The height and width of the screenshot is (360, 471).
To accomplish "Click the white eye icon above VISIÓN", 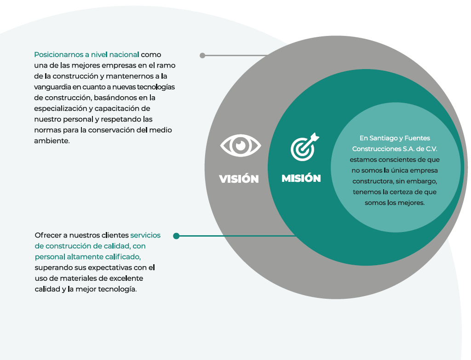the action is click(x=240, y=145).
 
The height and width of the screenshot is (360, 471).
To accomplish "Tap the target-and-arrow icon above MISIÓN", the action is click(x=304, y=147).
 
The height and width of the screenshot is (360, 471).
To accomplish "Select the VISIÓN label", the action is click(x=239, y=179).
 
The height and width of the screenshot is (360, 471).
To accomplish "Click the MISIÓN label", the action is click(x=301, y=178).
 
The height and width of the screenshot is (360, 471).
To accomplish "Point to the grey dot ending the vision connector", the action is click(x=202, y=55).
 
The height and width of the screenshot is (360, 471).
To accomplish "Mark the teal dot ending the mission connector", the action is click(x=176, y=236).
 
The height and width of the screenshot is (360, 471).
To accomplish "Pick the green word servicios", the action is click(x=145, y=235).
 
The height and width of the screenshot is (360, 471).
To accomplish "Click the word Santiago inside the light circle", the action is click(x=385, y=139).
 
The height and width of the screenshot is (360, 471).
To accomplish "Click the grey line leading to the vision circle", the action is click(x=235, y=55).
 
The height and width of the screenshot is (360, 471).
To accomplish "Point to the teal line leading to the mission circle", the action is click(x=236, y=236).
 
